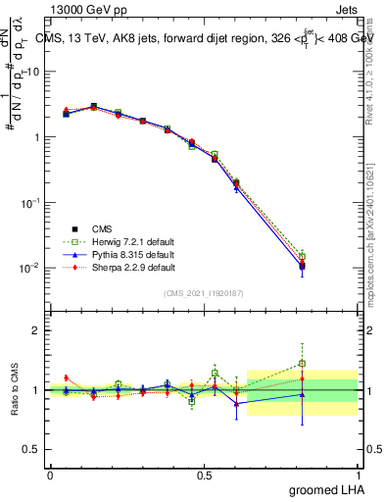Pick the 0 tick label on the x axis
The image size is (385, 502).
(x=50, y=475)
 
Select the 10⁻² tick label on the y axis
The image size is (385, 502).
(x=30, y=267)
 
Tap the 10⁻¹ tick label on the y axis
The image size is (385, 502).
(x=30, y=202)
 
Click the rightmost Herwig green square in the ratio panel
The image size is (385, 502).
(x=302, y=363)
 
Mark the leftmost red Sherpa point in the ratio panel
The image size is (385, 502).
(x=66, y=377)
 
